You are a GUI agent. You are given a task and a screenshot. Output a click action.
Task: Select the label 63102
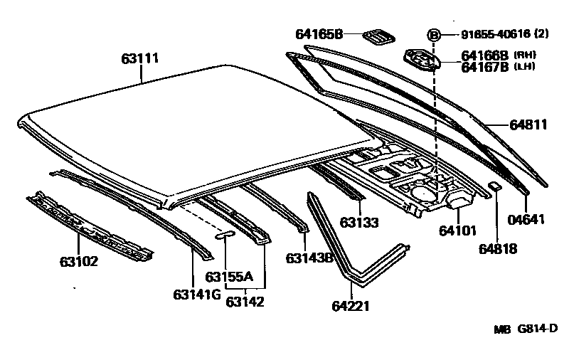coord(78,262)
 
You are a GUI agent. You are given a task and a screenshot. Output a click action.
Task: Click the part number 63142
coord(245,302)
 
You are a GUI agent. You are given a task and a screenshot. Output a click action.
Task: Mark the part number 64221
coord(351,307)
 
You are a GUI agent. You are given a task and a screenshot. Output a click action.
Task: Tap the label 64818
coord(498,248)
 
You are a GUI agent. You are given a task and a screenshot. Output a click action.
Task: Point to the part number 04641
coord(527,219)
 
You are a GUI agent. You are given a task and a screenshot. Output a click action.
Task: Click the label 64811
coord(528,125)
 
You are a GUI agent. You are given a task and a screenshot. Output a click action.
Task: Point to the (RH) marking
coord(525,54)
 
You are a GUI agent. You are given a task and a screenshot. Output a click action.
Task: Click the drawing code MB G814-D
coord(526,330)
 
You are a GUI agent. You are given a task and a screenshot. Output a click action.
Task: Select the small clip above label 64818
coord(496,186)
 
